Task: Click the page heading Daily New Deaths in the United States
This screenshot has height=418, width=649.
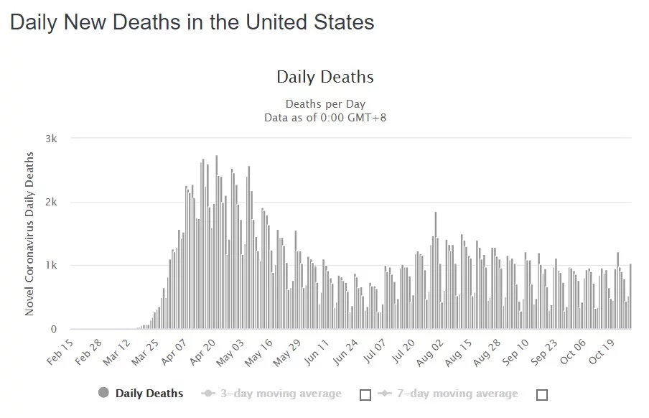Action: click(192, 22)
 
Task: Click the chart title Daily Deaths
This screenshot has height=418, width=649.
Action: click(325, 77)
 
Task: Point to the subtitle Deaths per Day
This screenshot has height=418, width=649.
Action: click(325, 104)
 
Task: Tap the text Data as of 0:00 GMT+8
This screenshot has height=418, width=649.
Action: click(325, 117)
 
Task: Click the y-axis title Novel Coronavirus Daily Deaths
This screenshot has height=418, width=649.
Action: click(30, 233)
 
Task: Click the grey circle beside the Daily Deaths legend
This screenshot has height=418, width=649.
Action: click(103, 393)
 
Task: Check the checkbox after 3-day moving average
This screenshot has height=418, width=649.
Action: click(365, 394)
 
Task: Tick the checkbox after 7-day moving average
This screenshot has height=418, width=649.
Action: click(542, 394)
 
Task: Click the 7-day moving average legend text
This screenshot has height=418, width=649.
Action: click(457, 394)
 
